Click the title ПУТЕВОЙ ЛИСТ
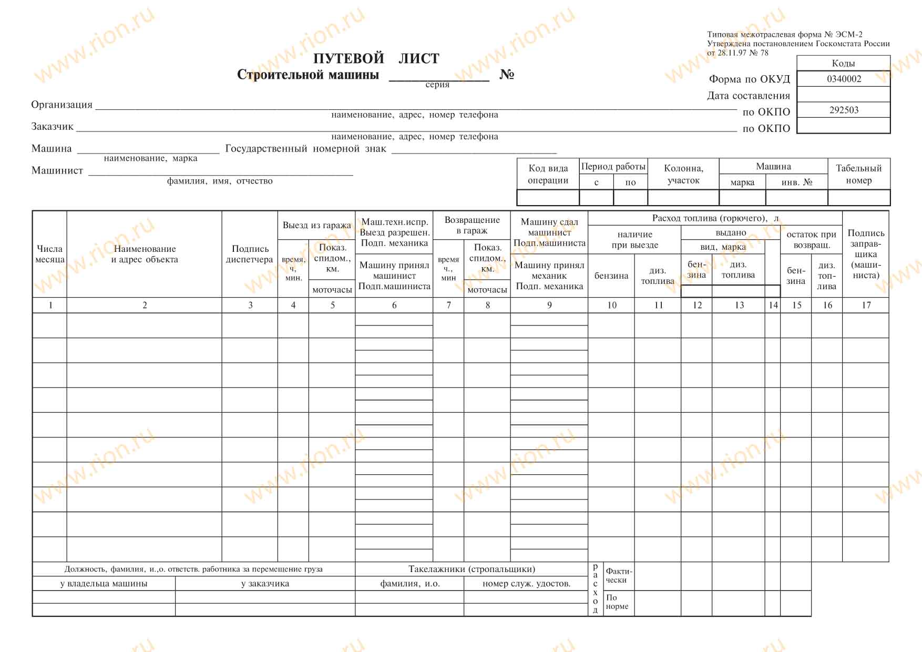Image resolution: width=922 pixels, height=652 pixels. click(x=376, y=58)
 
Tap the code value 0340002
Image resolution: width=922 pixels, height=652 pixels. click(x=844, y=79)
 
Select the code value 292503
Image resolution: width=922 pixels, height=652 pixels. click(x=844, y=110)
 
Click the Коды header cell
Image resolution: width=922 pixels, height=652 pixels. click(x=843, y=63)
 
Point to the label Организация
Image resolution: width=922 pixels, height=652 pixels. click(x=62, y=105)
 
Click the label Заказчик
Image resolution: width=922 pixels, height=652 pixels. click(x=52, y=127)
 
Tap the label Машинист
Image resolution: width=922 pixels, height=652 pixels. click(x=57, y=170)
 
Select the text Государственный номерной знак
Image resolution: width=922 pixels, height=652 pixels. click(x=305, y=149)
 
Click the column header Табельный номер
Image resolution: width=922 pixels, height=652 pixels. click(x=858, y=174)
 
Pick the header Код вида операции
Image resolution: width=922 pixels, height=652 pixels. click(x=548, y=174)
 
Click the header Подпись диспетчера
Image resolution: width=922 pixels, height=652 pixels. click(x=250, y=254)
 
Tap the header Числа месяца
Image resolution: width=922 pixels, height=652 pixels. click(x=49, y=254)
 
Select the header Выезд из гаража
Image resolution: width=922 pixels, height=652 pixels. click(x=316, y=225)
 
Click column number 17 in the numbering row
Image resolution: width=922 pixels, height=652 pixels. click(x=866, y=305)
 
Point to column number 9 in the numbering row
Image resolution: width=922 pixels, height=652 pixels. click(x=549, y=305)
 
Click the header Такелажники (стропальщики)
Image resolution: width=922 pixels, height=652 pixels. click(x=472, y=569)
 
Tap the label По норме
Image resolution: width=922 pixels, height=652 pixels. click(x=617, y=602)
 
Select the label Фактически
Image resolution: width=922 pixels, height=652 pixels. click(x=619, y=575)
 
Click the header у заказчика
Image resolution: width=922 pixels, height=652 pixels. click(x=265, y=584)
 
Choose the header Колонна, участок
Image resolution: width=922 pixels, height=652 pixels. click(x=683, y=174)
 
